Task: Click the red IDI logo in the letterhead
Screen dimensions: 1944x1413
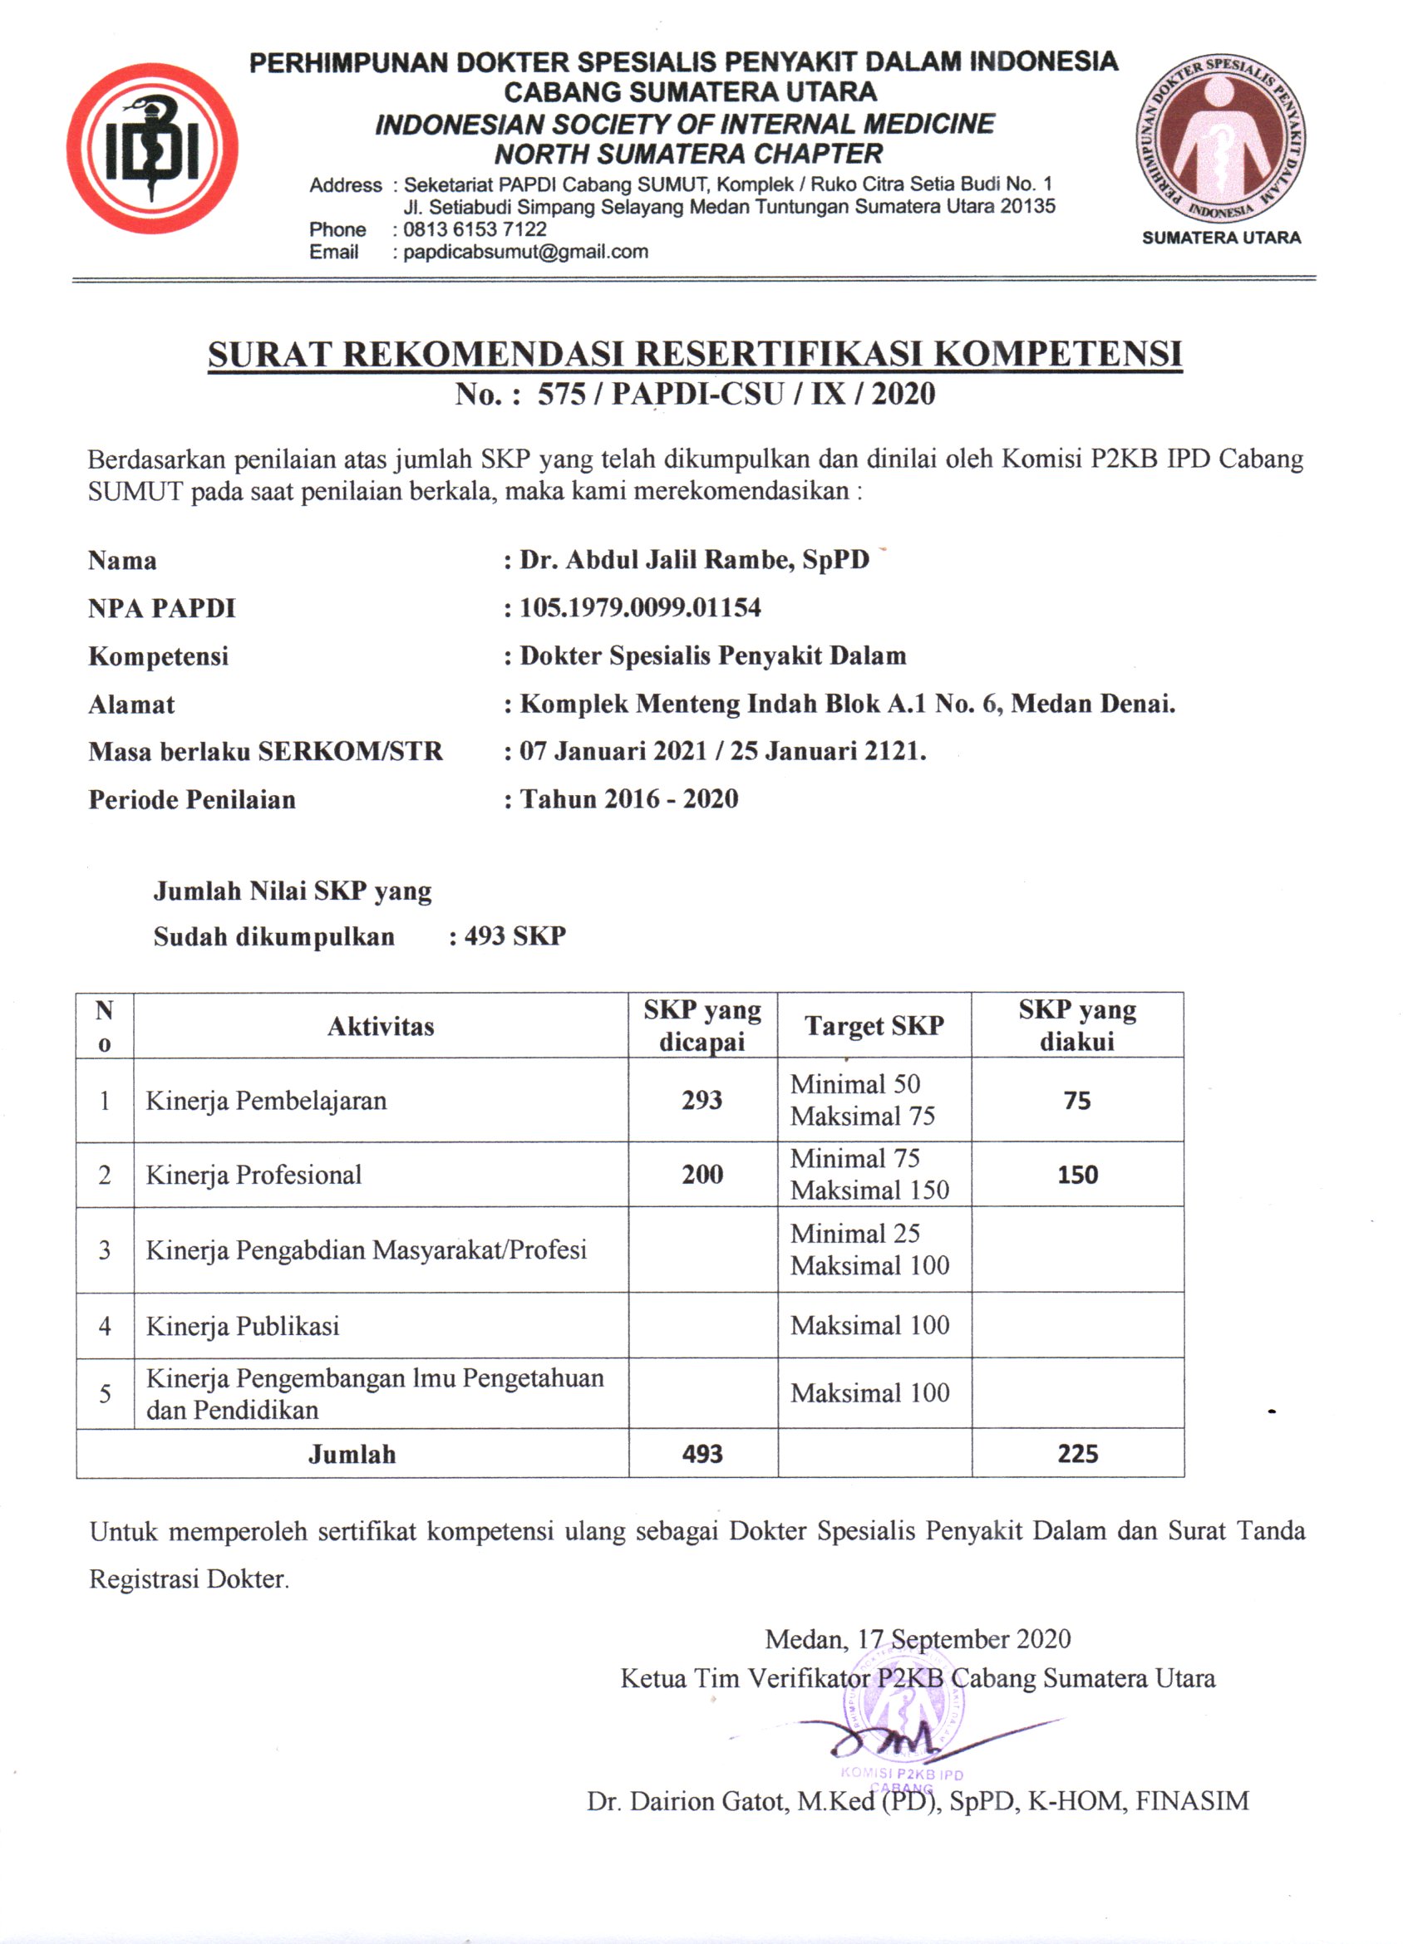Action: (153, 148)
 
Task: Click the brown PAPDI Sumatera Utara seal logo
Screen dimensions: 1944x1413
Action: (1220, 140)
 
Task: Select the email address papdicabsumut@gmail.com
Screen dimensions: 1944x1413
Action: (524, 252)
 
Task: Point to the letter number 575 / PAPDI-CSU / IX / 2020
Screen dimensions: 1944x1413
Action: (736, 395)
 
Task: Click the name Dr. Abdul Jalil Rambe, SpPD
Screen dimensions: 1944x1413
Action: (695, 561)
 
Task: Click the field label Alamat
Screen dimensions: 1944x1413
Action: (131, 704)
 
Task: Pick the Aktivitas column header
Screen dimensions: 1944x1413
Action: (381, 1026)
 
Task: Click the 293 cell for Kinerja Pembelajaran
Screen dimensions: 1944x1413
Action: (702, 1100)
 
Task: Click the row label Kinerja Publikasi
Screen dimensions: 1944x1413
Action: (243, 1326)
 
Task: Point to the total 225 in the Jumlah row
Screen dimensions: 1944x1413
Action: (1077, 1454)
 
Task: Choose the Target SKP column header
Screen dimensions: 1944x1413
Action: (874, 1026)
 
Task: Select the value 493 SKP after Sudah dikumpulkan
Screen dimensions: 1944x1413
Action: (514, 936)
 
